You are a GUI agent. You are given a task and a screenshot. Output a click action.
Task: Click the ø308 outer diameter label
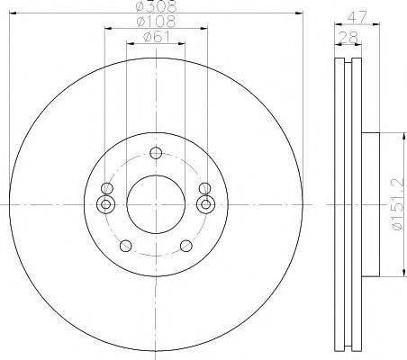(156, 6)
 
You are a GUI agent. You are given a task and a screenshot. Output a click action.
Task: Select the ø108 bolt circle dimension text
(156, 22)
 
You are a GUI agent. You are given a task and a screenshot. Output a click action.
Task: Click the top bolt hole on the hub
(156, 152)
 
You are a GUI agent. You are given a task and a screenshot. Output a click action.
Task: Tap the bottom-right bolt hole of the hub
(185, 246)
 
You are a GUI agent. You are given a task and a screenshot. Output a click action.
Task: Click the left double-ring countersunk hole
(107, 205)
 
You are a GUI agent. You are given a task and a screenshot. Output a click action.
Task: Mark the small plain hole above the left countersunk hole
(107, 189)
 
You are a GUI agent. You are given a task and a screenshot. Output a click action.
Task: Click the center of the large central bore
(156, 205)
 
